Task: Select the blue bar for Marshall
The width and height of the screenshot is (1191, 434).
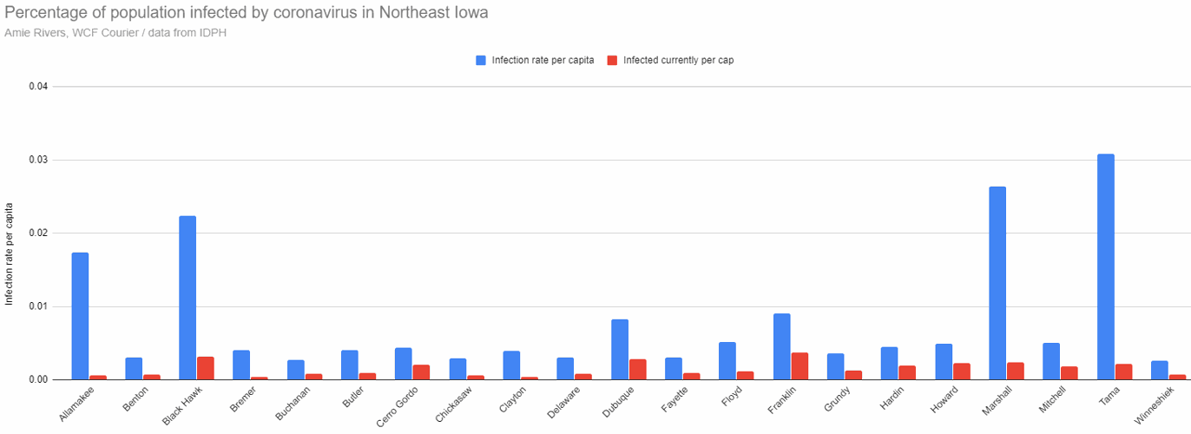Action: click(x=997, y=283)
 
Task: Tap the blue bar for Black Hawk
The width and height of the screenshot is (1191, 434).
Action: click(x=188, y=298)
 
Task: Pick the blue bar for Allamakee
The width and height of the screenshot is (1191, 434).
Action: click(x=80, y=316)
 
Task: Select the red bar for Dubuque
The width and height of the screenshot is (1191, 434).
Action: click(x=637, y=370)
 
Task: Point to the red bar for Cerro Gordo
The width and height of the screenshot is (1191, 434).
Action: click(x=421, y=372)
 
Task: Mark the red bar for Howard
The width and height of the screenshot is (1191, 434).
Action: click(x=961, y=372)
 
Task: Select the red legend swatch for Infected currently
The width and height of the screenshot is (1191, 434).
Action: click(x=611, y=60)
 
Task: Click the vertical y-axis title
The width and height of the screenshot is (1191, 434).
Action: click(x=10, y=253)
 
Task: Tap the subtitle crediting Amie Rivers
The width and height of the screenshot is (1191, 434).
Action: click(x=116, y=33)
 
